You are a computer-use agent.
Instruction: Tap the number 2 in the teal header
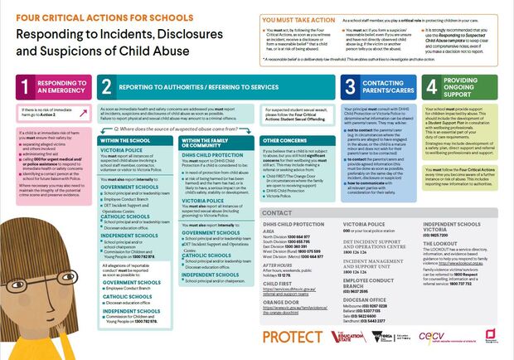[x=106, y=86]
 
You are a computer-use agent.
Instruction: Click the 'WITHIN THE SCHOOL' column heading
[x=124, y=141]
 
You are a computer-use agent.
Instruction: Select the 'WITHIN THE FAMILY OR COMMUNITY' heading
[x=208, y=144]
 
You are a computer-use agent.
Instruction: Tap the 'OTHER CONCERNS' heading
[x=284, y=141]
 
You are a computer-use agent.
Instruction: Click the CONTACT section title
[x=276, y=212]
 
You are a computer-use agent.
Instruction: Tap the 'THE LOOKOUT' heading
[x=439, y=243]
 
